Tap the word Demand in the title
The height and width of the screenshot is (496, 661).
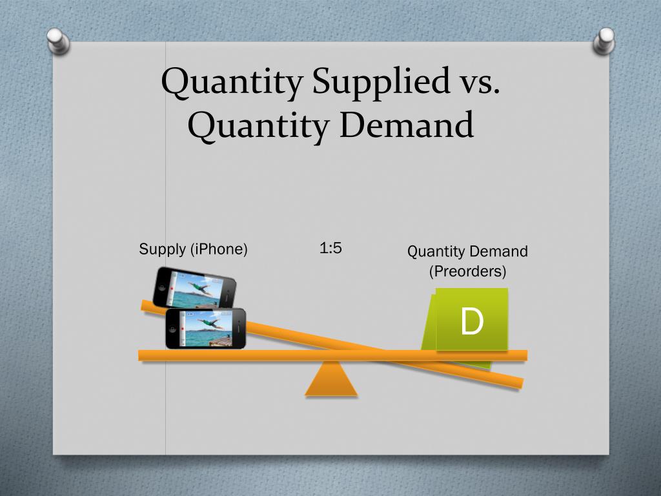[x=406, y=125]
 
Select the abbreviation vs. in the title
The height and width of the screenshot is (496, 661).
[x=479, y=82]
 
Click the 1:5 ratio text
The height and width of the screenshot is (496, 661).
[x=330, y=248]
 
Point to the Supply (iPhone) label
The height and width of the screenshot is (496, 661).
[x=193, y=249]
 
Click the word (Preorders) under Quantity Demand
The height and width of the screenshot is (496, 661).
[x=467, y=271]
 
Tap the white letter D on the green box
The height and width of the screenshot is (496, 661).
[x=472, y=321]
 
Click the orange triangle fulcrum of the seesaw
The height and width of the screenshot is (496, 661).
[x=331, y=380]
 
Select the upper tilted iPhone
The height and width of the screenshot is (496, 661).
[x=194, y=287]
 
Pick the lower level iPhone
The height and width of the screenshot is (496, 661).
[x=205, y=329]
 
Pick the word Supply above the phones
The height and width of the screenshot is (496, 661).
[x=158, y=249]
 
